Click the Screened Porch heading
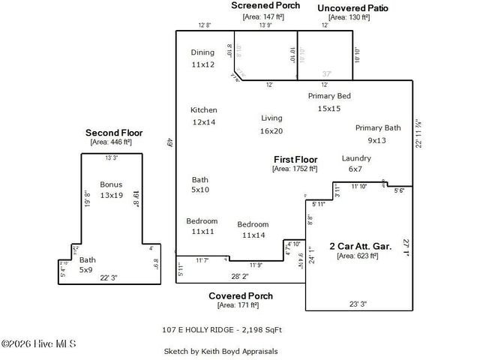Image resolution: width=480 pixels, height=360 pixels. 265,5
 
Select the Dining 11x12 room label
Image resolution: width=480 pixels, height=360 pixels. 202,58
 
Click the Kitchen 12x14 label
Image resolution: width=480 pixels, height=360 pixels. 203,115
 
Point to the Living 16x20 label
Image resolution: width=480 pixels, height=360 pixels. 271,124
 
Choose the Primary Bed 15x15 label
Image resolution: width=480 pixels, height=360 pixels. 329,102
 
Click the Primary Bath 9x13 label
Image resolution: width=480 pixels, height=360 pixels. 376,133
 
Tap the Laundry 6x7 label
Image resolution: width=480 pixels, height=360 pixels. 356,163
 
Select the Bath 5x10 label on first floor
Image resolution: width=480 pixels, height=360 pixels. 200,184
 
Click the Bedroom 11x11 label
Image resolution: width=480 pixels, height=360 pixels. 202,226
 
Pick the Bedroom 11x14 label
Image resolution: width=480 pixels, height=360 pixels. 253,229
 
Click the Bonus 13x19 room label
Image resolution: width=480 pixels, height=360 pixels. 111,189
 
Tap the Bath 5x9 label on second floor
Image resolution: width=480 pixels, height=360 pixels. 87,265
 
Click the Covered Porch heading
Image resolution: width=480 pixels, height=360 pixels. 240,295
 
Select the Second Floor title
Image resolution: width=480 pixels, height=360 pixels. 113,133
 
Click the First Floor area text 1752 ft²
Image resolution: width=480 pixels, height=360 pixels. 295,169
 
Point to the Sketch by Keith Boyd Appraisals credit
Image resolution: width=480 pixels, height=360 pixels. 220,351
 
